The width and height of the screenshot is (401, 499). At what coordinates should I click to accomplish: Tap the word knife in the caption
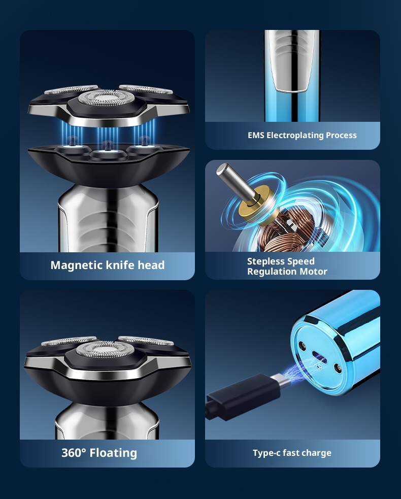coord(118,265)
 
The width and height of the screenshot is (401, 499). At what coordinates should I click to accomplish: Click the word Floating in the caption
coord(113,452)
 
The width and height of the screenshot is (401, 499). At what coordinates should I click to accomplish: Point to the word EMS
coord(256,136)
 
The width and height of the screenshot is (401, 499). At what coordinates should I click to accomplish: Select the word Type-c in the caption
coord(266,453)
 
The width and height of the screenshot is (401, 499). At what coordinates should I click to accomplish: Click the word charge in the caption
coord(317,453)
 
